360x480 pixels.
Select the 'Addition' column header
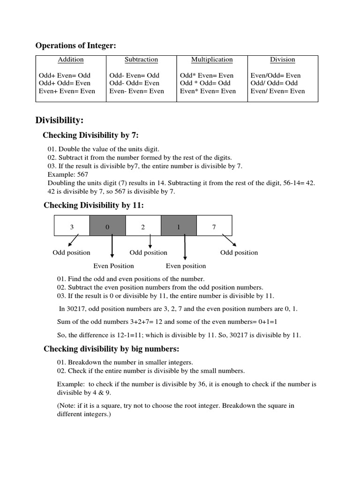[x=71, y=60]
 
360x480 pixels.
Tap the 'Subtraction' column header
[x=141, y=60]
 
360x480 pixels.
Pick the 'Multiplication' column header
[x=212, y=60]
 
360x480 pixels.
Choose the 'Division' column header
[x=282, y=60]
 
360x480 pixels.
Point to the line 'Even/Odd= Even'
[x=276, y=75]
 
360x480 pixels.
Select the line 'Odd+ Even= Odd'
[x=64, y=75]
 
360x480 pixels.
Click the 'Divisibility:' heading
[x=60, y=120]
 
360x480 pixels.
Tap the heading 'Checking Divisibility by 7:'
[x=90, y=135]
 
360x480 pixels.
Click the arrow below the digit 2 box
[x=150, y=241]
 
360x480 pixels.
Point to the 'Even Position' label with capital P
[x=113, y=266]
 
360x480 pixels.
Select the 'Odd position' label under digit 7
[x=239, y=253]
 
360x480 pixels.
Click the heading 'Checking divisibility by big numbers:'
[x=112, y=349]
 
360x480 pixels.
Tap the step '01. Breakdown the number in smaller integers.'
[x=131, y=362]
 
